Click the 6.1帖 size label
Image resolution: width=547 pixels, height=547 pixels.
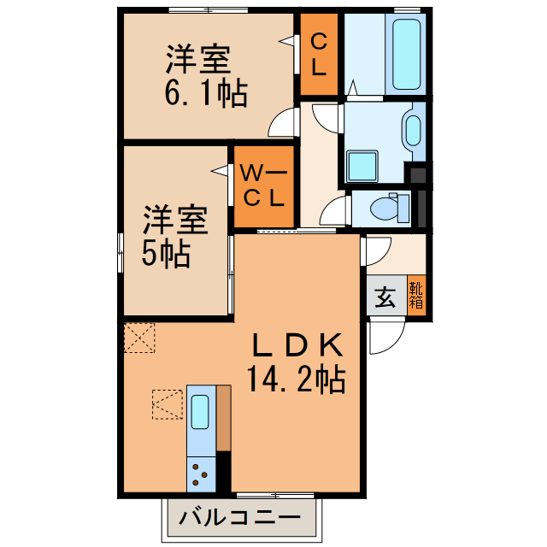click(x=206, y=92)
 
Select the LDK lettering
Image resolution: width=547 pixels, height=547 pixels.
click(x=297, y=345)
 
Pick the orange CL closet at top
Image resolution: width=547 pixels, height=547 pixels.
click(x=318, y=55)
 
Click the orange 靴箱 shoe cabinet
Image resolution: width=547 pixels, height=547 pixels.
click(x=416, y=296)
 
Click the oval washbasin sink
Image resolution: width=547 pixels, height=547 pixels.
click(x=413, y=131)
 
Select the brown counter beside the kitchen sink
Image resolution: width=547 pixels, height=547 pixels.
click(x=224, y=418)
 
